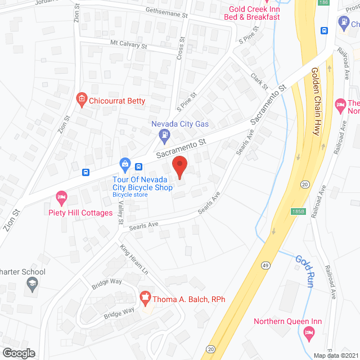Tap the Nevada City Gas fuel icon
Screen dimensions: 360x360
pyautogui.click(x=164, y=134)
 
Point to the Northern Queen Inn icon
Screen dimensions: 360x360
pyautogui.click(x=308, y=333)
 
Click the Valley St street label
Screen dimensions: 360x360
pyautogui.click(x=121, y=214)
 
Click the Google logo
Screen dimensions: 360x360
pyautogui.click(x=19, y=353)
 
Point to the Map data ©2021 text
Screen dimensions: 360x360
pyautogui.click(x=335, y=354)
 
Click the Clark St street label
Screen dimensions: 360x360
pyautogui.click(x=259, y=82)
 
